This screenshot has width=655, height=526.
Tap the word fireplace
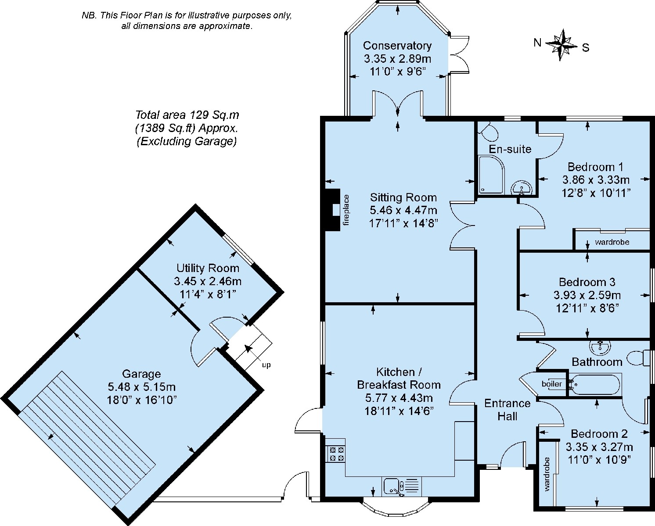(346, 210)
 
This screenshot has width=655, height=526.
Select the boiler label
(551, 383)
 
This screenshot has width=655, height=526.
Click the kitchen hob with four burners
(336, 454)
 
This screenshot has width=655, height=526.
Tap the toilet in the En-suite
(488, 132)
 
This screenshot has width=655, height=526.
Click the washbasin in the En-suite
(521, 188)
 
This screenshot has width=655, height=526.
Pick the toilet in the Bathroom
(640, 358)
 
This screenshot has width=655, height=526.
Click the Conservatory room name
(397, 46)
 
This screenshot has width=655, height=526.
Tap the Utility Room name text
(208, 268)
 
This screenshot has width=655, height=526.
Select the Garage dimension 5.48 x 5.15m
(141, 386)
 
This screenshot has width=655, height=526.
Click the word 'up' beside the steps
(266, 365)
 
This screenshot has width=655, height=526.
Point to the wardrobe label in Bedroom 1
(612, 242)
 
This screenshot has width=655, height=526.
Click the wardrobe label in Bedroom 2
(547, 474)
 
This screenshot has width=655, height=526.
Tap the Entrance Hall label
(507, 409)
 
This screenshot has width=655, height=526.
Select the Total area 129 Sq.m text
(187, 115)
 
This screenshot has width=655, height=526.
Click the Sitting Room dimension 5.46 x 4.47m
(403, 210)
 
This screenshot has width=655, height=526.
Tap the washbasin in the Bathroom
(600, 347)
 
